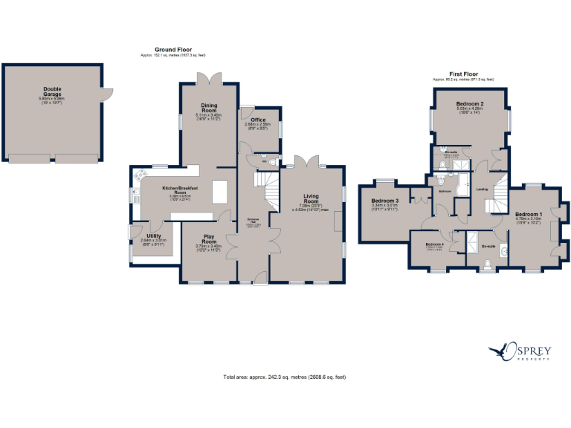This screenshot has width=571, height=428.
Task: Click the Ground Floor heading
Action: point(173,50)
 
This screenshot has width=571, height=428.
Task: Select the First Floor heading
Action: point(464,74)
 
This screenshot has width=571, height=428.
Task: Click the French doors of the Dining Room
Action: point(208,77)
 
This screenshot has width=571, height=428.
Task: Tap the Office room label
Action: point(258,120)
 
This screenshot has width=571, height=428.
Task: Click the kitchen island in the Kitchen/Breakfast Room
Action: point(220,191)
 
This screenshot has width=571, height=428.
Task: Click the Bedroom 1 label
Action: point(529,216)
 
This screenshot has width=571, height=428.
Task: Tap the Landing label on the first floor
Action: point(482,189)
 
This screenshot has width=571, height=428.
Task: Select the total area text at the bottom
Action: point(285,377)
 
